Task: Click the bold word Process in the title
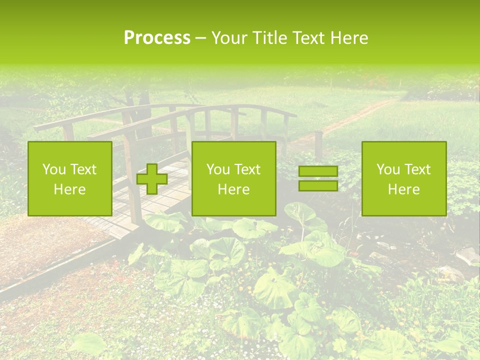[157, 38]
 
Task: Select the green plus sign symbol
[152, 178]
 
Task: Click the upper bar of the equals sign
[318, 171]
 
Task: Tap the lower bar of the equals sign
[318, 185]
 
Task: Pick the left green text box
[70, 178]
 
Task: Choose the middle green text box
[233, 178]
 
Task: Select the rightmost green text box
[404, 178]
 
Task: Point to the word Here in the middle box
[233, 189]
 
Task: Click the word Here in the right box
[404, 189]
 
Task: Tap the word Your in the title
[229, 38]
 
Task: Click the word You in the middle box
[217, 169]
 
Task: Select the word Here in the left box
[70, 189]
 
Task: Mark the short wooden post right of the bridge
[318, 145]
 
